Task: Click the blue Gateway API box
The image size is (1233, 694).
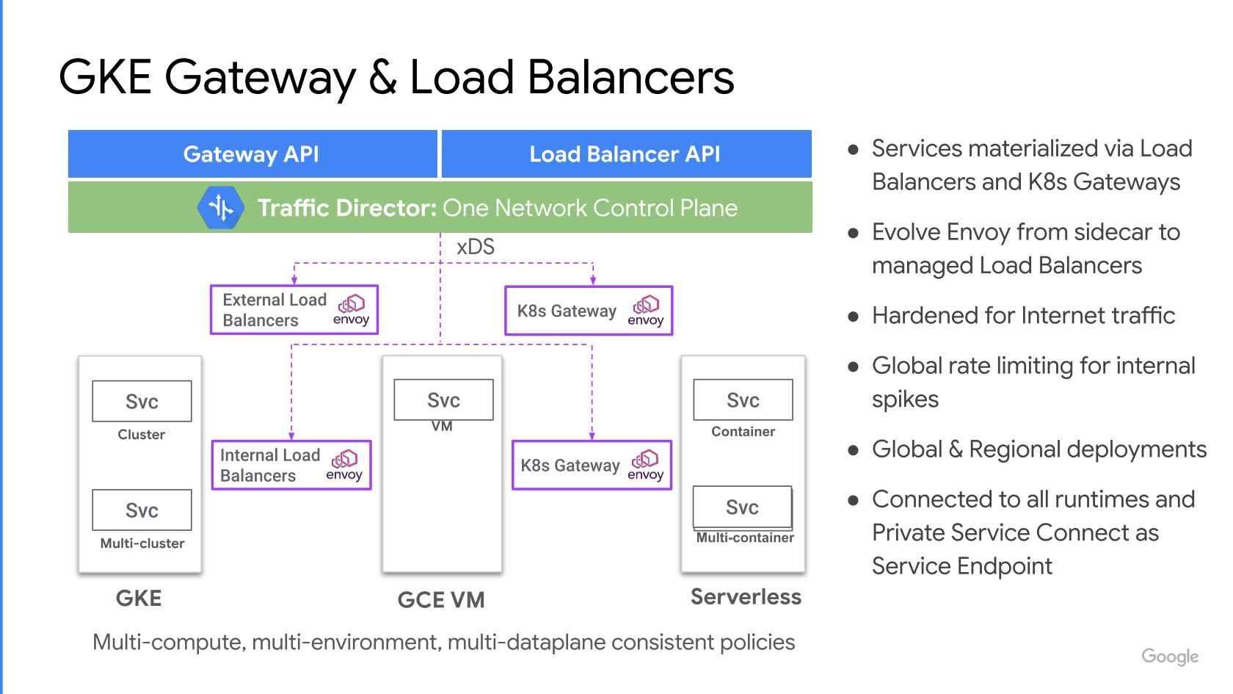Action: click(x=252, y=154)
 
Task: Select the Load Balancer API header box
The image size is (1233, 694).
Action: click(x=625, y=154)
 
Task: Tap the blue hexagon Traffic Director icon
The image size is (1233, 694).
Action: click(x=220, y=208)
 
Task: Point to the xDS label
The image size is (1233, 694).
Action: click(x=476, y=247)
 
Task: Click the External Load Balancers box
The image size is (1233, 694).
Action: click(x=294, y=310)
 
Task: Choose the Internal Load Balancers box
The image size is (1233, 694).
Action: click(x=291, y=465)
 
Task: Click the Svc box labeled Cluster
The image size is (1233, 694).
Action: click(x=142, y=401)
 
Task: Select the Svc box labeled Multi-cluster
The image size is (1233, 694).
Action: click(x=142, y=510)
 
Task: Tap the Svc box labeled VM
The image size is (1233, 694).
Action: click(x=443, y=400)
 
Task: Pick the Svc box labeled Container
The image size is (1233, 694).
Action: click(x=743, y=400)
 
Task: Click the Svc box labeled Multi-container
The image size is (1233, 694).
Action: click(x=742, y=507)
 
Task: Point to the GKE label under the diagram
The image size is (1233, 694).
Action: click(x=139, y=598)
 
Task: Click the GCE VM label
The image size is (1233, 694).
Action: click(x=441, y=600)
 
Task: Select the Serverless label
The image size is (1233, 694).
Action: click(x=746, y=597)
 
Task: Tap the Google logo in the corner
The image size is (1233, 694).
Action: click(x=1170, y=656)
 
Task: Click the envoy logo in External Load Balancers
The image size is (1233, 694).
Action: click(x=352, y=310)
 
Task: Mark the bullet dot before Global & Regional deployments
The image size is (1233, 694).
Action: click(x=853, y=450)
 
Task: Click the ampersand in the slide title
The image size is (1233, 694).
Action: click(x=382, y=76)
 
